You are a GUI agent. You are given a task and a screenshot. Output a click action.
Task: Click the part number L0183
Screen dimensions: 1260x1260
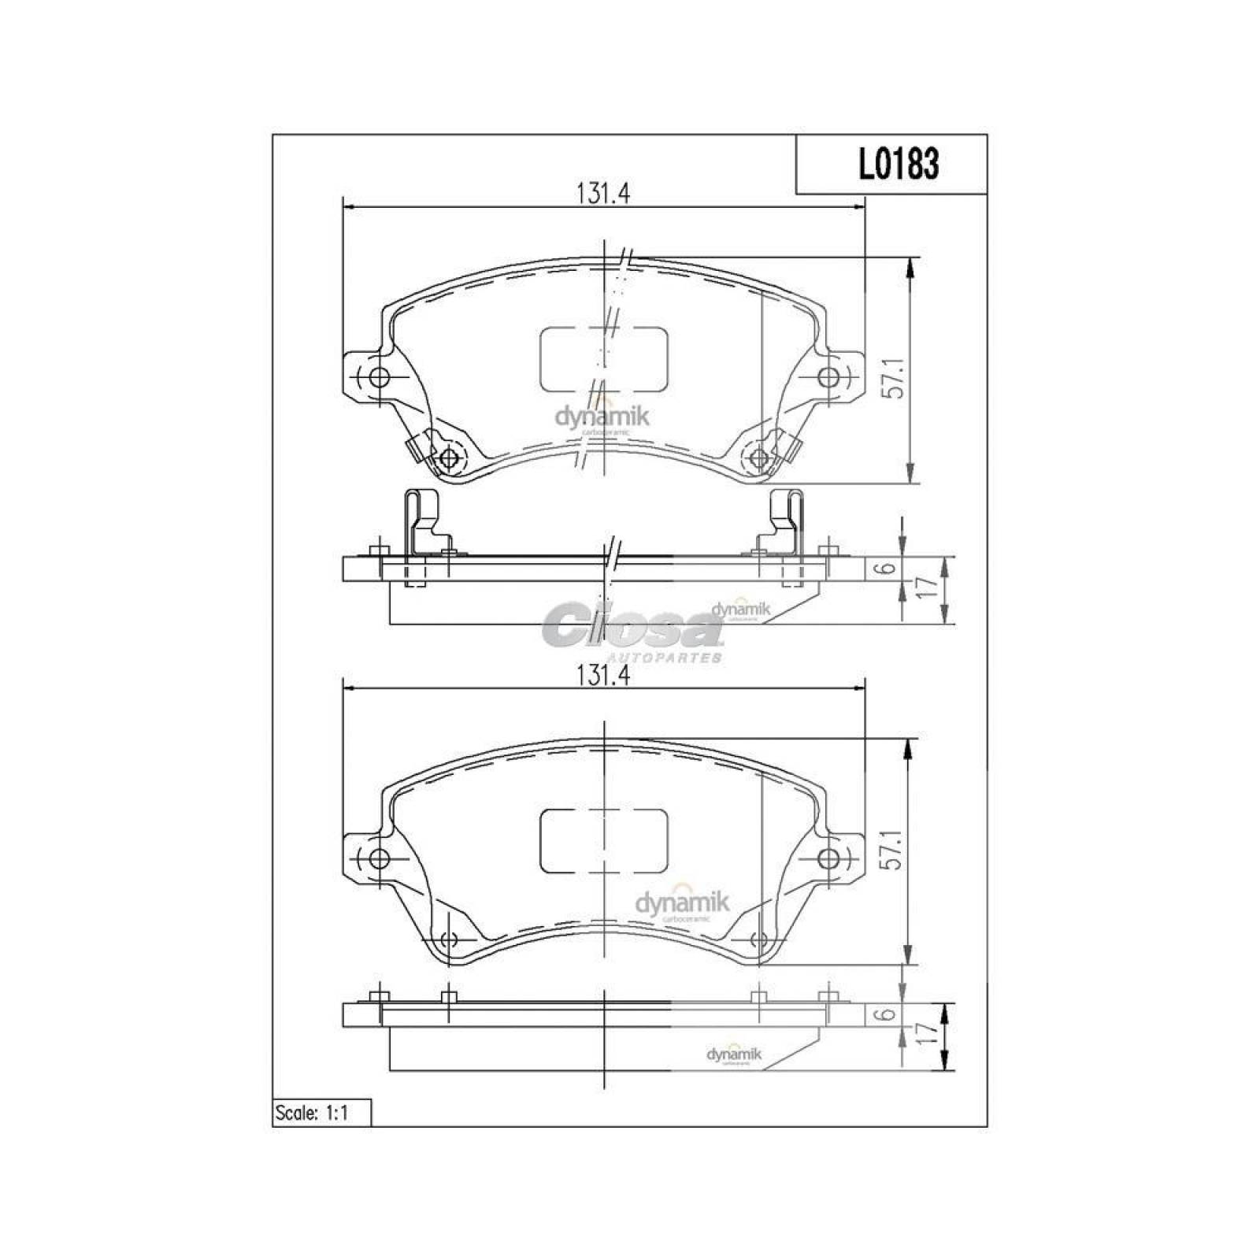coord(898,165)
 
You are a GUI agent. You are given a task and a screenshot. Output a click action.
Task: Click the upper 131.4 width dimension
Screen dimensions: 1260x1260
coord(605,193)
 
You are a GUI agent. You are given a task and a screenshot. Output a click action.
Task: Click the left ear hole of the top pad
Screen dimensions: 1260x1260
coord(379,377)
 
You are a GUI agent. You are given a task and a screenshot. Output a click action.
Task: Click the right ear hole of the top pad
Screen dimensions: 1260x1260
coord(828,377)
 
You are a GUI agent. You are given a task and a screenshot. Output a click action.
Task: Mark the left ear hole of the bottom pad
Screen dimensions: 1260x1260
coord(379,858)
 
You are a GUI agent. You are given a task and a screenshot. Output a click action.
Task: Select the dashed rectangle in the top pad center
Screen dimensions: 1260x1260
coord(603,359)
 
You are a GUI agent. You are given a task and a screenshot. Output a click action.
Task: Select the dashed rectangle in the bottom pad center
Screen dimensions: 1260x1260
coord(603,840)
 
